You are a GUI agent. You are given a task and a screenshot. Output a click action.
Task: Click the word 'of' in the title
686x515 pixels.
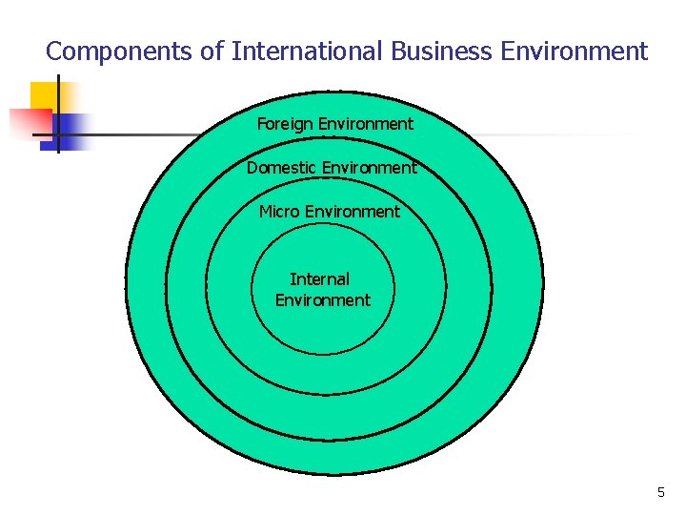[212, 51]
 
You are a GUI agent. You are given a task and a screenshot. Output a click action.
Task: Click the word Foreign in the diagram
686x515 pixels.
[285, 124]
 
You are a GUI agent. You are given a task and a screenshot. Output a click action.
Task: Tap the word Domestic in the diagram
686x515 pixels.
[282, 169]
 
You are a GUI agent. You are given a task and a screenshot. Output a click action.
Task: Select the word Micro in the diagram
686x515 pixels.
[279, 212]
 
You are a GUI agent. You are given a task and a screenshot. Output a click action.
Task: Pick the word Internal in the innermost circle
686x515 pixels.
[319, 279]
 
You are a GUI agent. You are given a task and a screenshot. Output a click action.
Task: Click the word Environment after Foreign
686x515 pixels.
[365, 124]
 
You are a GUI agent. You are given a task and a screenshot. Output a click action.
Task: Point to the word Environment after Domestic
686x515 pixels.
[369, 169]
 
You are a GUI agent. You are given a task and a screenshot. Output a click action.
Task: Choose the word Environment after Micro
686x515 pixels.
[352, 212]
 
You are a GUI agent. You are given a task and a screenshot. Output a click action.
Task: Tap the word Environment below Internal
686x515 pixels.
[322, 300]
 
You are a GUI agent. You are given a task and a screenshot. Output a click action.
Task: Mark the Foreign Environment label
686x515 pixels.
[334, 124]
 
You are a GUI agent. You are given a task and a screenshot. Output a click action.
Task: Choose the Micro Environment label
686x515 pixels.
[329, 212]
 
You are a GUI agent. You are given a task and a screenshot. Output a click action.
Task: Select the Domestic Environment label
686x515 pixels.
[331, 169]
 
